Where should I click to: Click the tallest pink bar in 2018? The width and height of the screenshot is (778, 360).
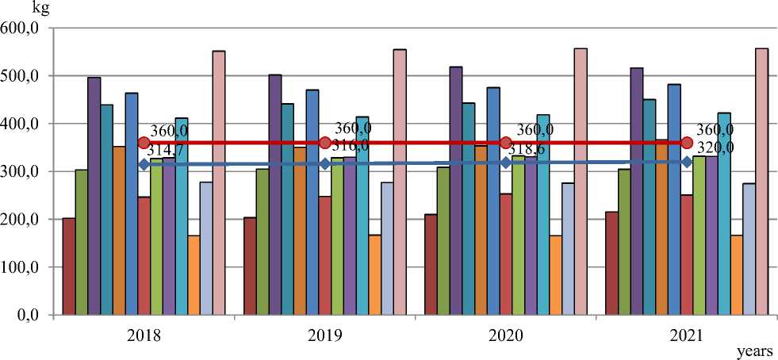(x=219, y=182)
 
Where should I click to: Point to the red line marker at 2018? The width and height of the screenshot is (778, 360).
(x=144, y=143)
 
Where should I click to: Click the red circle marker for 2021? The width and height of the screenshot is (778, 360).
(x=687, y=143)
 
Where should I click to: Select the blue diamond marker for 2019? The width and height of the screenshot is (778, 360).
(x=324, y=163)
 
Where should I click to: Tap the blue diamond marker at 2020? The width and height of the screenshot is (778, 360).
(x=506, y=163)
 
